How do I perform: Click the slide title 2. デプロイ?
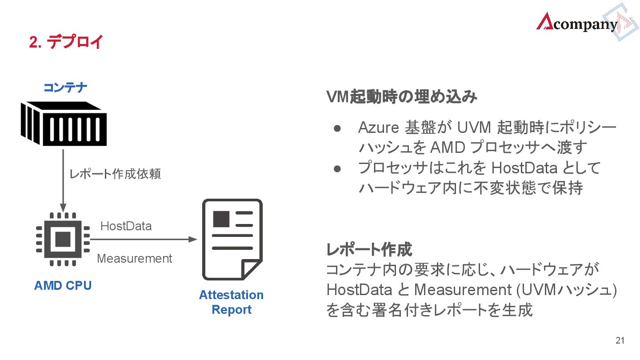point(66,42)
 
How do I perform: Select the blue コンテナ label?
point(65,88)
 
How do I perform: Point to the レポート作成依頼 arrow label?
point(115,174)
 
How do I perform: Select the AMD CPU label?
point(63,285)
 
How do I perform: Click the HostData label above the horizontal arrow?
point(126,226)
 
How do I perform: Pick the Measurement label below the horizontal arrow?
point(134,258)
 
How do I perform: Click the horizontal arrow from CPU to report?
point(142,239)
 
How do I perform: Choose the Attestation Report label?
point(231,302)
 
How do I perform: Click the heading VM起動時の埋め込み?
point(401,97)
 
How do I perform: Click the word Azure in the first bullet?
point(378,128)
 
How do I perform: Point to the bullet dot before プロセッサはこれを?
point(337,168)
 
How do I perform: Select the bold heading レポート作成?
point(369,250)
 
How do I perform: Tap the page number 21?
point(620,341)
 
